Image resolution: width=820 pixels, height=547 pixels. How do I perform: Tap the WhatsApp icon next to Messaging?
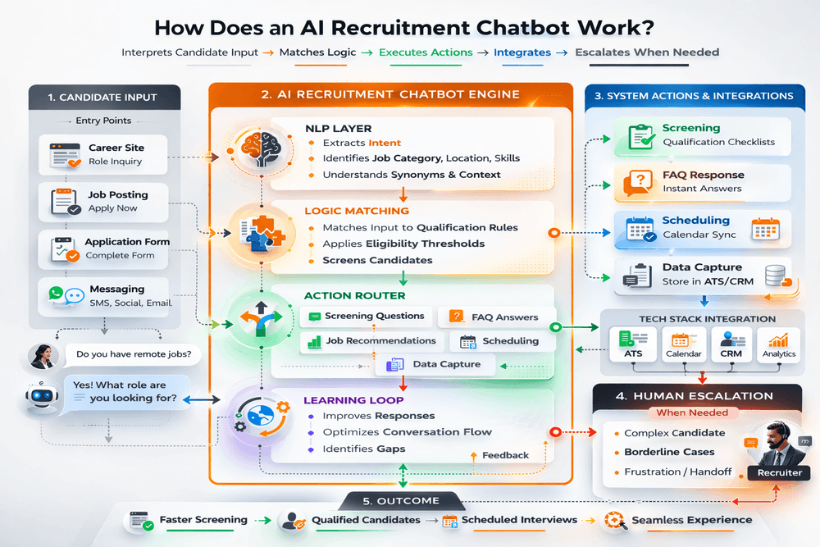55,293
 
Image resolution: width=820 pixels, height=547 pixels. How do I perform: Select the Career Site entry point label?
116,148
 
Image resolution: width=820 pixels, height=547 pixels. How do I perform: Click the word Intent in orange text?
385,143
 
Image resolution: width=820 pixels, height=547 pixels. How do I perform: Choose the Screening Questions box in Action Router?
367,316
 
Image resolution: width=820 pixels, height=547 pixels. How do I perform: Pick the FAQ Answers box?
494,317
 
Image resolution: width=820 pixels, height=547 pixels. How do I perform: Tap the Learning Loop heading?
353,400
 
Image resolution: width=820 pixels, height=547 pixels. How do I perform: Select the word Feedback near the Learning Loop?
505,455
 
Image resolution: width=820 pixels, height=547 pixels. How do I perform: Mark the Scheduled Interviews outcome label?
519,520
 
